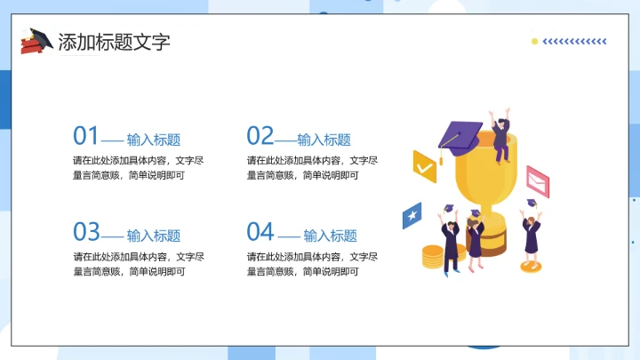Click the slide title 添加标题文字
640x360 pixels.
113,42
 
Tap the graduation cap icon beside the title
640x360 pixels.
36,41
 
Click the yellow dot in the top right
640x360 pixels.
534,41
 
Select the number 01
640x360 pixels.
85,136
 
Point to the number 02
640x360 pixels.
260,136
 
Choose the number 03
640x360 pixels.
86,232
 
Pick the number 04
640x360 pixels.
260,232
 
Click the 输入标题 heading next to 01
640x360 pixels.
154,140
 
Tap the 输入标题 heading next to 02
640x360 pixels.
324,140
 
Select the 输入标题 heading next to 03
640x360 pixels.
154,236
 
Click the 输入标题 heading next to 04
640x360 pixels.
330,236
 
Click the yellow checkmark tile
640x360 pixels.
425,165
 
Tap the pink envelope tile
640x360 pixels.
536,180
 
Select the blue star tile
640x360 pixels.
412,215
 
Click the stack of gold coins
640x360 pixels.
432,257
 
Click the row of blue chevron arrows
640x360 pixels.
574,41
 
